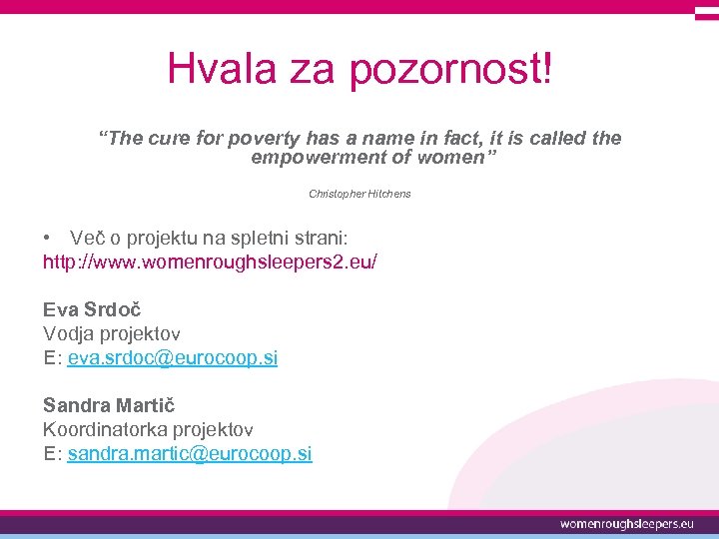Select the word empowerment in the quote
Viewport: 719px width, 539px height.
point(317,158)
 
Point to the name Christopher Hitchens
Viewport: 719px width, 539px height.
point(359,193)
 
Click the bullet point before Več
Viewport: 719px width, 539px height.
point(47,238)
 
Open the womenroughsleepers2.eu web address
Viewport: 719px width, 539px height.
point(210,262)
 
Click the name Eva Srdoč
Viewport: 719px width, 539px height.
point(92,309)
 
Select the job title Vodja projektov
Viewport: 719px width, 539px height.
point(111,333)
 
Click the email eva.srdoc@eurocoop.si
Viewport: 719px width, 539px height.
point(172,357)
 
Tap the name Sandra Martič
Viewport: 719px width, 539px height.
point(108,405)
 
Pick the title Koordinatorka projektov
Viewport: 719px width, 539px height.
point(148,429)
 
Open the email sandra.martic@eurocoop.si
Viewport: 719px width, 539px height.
point(189,453)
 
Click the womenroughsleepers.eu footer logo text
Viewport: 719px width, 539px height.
point(626,523)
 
